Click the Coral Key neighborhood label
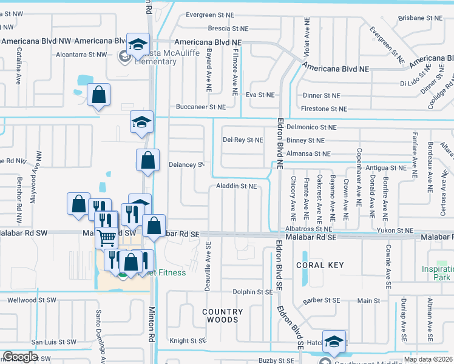(320, 265)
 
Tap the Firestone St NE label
(324, 109)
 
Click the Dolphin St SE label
(252, 292)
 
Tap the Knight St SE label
(189, 341)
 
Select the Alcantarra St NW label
(81, 54)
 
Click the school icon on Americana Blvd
(138, 44)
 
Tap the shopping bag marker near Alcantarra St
(98, 95)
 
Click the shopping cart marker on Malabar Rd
(106, 237)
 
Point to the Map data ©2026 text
(428, 359)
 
